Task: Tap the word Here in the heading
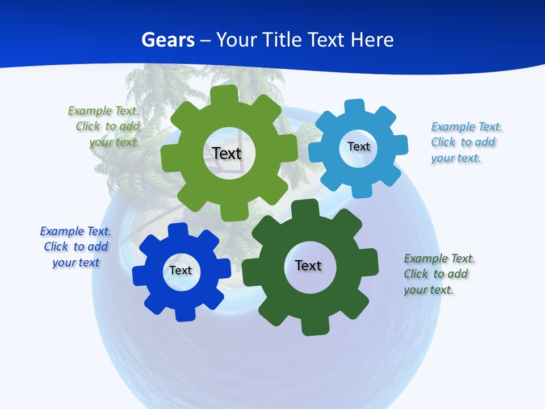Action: [x=372, y=40]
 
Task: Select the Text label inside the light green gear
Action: [x=227, y=153]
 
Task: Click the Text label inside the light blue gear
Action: [x=358, y=147]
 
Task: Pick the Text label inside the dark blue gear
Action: [x=181, y=270]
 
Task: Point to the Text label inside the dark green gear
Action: [x=308, y=265]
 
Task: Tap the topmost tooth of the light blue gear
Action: [x=354, y=107]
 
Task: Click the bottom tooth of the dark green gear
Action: [x=315, y=326]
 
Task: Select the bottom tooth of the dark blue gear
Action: [x=185, y=314]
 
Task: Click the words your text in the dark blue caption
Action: [x=76, y=262]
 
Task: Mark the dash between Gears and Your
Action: [x=206, y=40]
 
